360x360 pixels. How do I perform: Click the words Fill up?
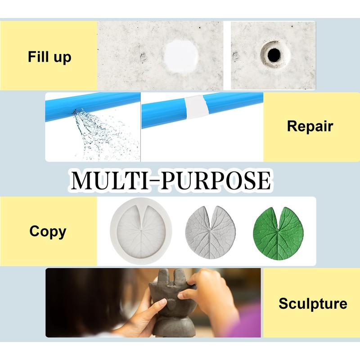(49, 57)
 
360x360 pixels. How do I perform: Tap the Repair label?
(310, 126)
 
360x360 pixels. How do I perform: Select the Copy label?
(48, 231)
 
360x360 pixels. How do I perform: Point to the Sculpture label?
(313, 303)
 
